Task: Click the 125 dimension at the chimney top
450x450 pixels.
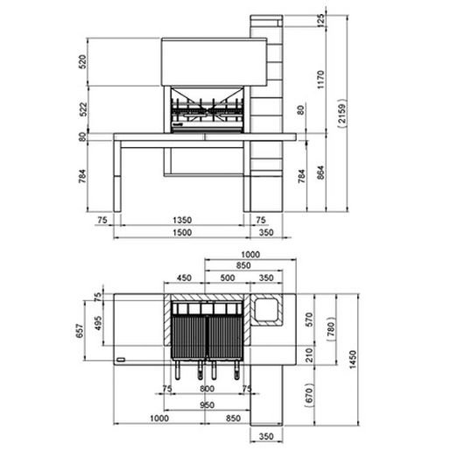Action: point(320,20)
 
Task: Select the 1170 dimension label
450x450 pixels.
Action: point(320,80)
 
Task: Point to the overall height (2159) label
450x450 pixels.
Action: point(342,114)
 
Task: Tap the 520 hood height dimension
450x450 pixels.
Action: point(83,62)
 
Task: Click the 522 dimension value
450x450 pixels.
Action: point(83,109)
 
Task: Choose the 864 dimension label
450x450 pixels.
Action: point(320,172)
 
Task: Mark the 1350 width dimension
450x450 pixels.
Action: point(182,220)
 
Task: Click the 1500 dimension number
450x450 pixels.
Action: point(182,233)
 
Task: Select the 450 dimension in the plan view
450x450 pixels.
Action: point(184,278)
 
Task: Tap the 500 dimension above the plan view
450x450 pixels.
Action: point(228,278)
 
